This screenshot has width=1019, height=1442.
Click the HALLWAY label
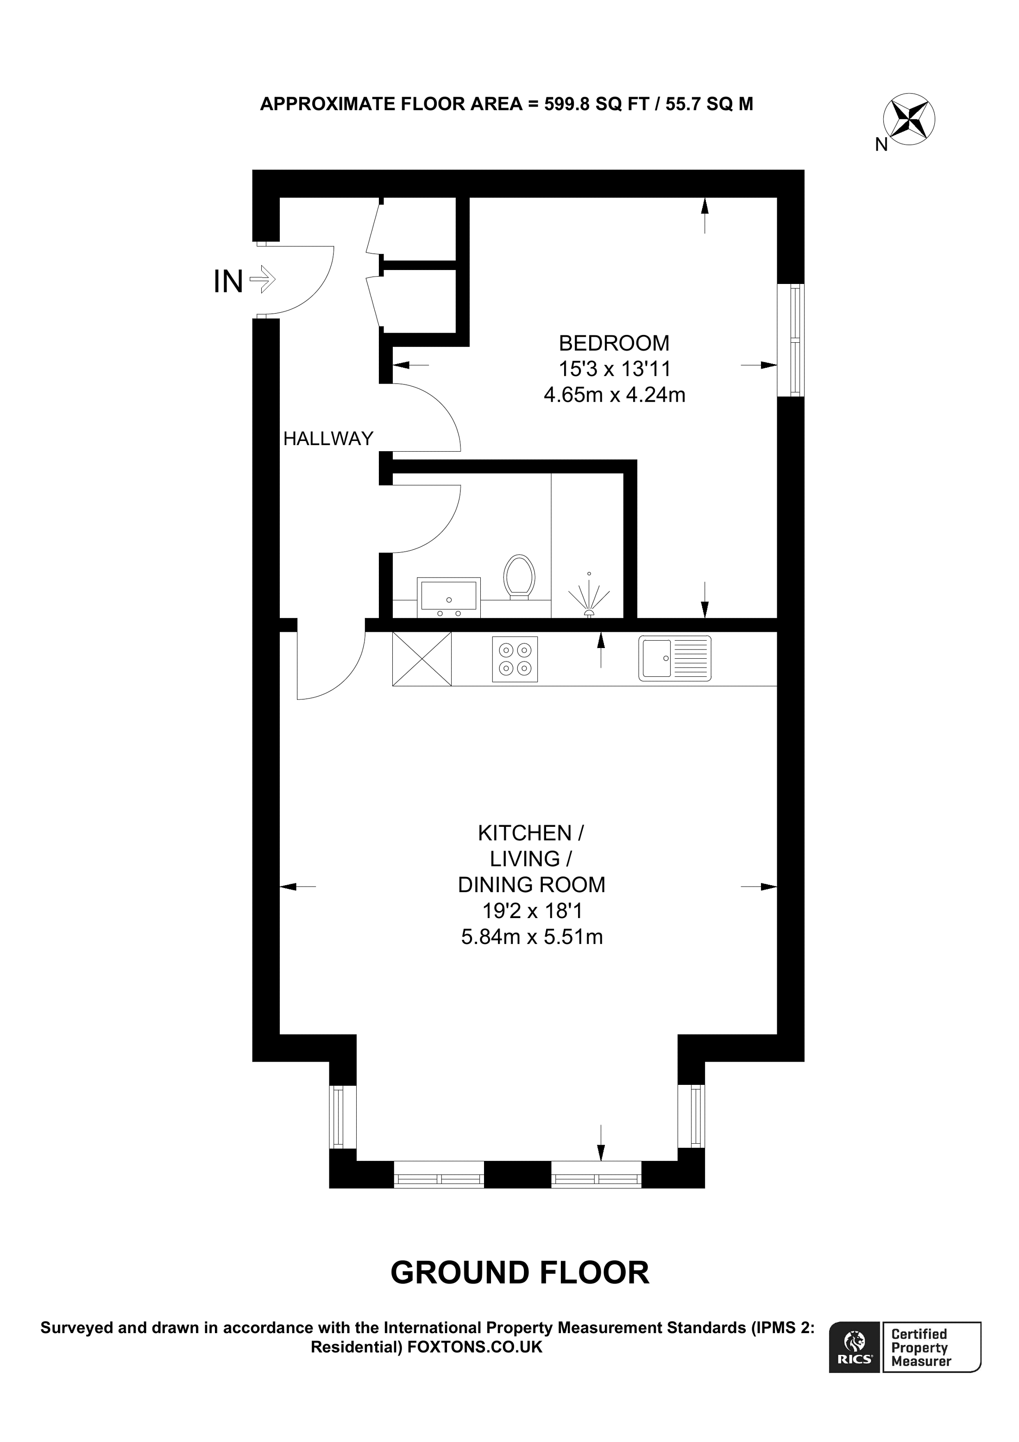pos(328,438)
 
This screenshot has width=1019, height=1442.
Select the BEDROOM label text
pos(614,343)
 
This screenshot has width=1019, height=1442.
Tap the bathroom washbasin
pos(448,597)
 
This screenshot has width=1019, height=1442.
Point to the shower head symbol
pos(588,595)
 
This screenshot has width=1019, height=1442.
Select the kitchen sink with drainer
pos(675,658)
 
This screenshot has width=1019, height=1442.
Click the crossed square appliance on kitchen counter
pos(422,658)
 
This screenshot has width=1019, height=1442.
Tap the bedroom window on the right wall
pos(791,340)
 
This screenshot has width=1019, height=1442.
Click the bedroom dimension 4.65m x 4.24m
pos(614,395)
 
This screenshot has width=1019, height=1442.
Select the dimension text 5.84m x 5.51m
pos(532,937)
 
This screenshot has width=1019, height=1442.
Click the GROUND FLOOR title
pos(520,1272)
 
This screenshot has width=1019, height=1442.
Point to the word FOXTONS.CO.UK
pos(475,1347)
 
